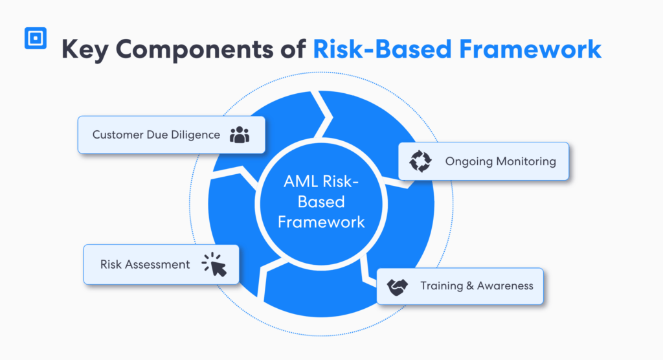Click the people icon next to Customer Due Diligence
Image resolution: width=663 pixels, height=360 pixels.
coord(240,135)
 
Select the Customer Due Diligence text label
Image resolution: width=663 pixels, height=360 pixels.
coord(156,135)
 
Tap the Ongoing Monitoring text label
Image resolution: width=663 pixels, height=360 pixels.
coord(500,161)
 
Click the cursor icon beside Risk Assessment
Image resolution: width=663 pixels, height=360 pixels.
coord(215,264)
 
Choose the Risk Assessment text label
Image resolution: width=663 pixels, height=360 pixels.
coord(145,264)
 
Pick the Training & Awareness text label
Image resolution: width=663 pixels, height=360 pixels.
coord(477,286)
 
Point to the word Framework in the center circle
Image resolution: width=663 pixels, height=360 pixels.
coord(321,221)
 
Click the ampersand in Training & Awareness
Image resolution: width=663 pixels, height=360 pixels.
coord(469,286)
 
